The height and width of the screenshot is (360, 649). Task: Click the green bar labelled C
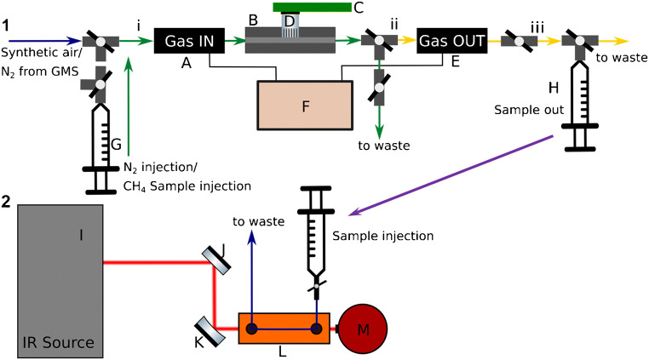pyautogui.click(x=324, y=8)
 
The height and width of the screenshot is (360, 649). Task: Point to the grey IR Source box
pyautogui.click(x=60, y=279)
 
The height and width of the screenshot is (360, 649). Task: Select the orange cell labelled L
pyautogui.click(x=284, y=329)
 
